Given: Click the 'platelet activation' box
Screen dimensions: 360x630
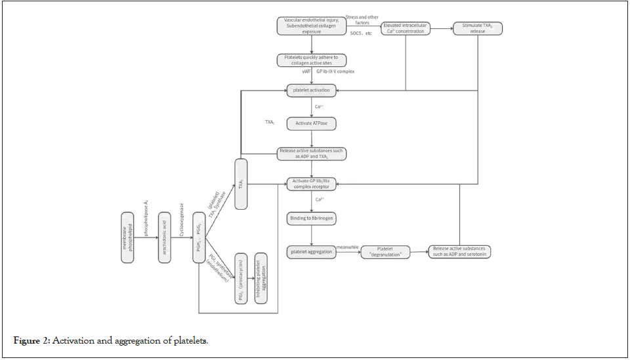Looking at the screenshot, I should (312, 90).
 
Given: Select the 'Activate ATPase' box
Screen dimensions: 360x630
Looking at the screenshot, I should (312, 122).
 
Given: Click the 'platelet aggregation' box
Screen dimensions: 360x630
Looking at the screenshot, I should (312, 251).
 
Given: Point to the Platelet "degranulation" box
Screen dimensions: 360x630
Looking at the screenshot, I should (385, 252).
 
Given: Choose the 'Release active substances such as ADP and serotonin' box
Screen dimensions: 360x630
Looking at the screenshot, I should (460, 252).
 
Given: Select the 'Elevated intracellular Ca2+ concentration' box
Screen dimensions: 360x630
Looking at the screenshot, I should (406, 28).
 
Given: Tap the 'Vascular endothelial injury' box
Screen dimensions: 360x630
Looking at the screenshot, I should (311, 26).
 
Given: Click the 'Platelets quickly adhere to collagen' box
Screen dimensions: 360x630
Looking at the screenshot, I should (311, 60).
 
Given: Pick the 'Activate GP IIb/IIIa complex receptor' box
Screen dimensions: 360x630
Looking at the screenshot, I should (312, 184).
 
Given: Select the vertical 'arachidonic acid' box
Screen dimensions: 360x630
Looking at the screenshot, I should (164, 237).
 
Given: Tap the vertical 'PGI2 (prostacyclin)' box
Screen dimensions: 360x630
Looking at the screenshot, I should (241, 277).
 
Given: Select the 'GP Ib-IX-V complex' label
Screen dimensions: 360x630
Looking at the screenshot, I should (335, 71).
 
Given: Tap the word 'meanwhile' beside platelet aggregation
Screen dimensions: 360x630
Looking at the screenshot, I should (346, 247).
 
